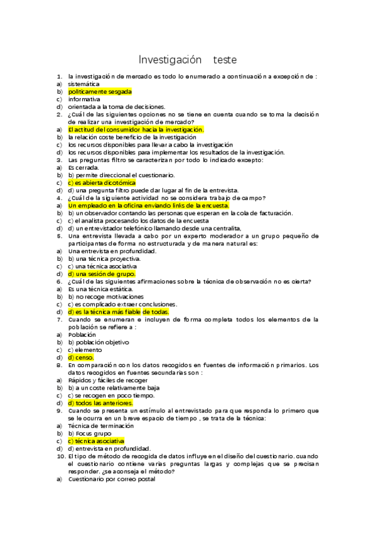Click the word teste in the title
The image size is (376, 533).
click(x=225, y=60)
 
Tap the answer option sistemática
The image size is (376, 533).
click(x=83, y=84)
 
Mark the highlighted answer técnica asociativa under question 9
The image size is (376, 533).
click(x=96, y=441)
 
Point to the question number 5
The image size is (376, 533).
click(x=59, y=236)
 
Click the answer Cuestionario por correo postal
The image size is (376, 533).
click(x=111, y=479)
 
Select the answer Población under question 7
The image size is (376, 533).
click(x=82, y=334)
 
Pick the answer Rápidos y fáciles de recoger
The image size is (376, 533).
click(x=108, y=380)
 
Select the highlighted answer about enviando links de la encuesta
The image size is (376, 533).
click(x=149, y=205)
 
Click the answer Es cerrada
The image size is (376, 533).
click(x=84, y=167)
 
